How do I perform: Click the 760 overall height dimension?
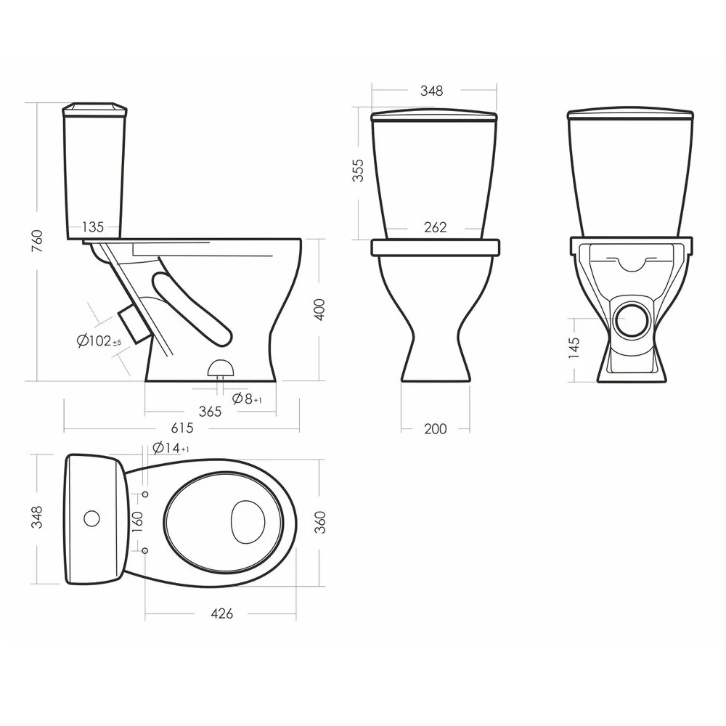coord(37,241)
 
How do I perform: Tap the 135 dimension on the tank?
coord(93,227)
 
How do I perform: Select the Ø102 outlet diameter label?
coord(99,341)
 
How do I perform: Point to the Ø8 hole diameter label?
coord(247,398)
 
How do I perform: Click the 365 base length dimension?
coord(211,411)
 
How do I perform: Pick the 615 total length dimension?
coord(182,428)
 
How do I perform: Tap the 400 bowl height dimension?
coord(319,309)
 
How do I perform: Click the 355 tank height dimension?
coord(358,170)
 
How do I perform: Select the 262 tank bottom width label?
coord(435,227)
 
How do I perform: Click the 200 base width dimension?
coord(435,429)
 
